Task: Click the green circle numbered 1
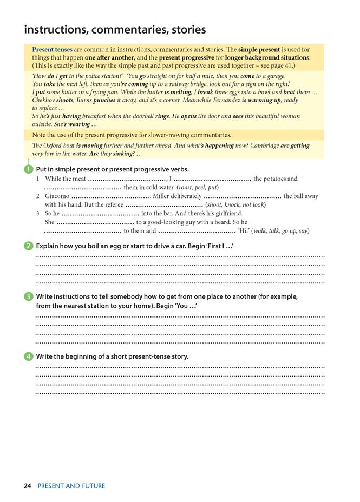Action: pyautogui.click(x=29, y=169)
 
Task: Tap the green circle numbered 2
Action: pyautogui.click(x=29, y=246)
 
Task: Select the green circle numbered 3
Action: pyautogui.click(x=29, y=296)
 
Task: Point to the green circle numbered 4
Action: pyautogui.click(x=29, y=356)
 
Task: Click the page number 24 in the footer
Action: pyautogui.click(x=28, y=486)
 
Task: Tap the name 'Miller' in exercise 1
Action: pyautogui.click(x=163, y=196)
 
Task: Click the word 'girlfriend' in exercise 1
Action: pyautogui.click(x=226, y=214)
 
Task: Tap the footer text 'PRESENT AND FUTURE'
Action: pyautogui.click(x=71, y=486)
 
